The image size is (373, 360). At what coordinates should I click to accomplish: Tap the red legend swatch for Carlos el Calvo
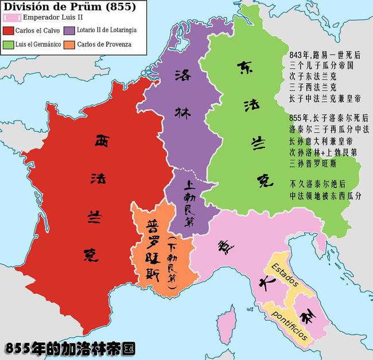click(7, 30)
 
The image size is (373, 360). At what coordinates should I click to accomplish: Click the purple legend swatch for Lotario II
click(69, 30)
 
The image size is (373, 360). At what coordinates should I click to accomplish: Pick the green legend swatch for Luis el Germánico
click(7, 43)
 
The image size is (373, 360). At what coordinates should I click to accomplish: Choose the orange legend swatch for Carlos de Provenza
click(69, 43)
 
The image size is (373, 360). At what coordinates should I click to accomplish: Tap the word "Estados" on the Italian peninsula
click(282, 276)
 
